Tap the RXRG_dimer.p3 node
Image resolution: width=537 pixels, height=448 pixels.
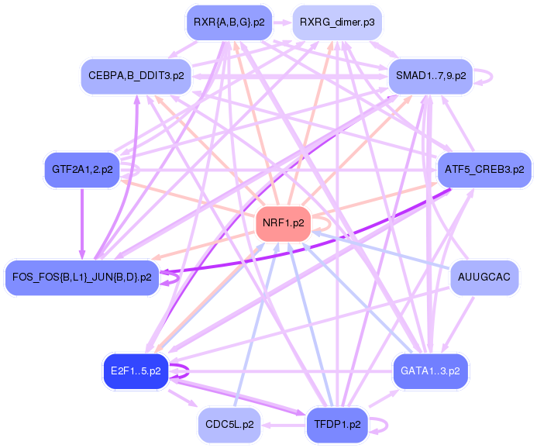click(x=337, y=22)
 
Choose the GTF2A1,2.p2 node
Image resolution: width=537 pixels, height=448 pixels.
click(x=82, y=169)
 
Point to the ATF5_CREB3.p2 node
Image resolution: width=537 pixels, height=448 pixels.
click(x=484, y=169)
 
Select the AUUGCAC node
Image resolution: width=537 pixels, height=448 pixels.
click(x=485, y=277)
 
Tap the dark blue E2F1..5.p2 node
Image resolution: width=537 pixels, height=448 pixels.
click(x=136, y=371)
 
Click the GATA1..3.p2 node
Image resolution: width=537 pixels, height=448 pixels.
click(x=430, y=371)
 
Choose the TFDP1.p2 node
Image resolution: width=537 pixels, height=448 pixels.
click(x=337, y=425)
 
